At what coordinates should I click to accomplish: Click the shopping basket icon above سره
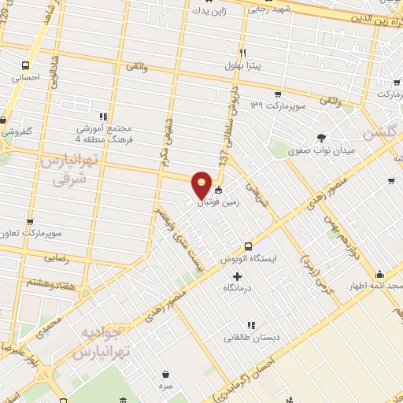[166, 375]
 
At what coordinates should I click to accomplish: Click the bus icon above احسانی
[26, 66]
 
